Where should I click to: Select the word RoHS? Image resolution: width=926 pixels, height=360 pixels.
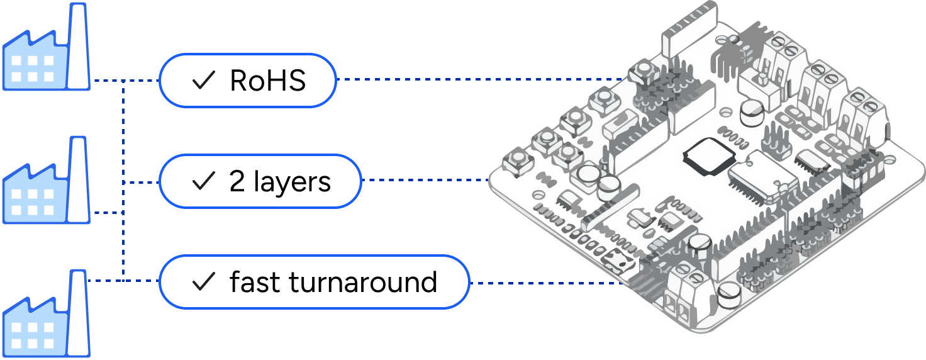coord(268,81)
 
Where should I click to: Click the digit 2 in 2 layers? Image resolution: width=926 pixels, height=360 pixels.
coord(237,182)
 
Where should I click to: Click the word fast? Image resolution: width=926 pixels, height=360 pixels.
coord(255,282)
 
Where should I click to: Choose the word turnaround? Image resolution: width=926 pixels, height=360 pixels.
coord(363,283)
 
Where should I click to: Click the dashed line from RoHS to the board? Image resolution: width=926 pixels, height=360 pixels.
coord(478,80)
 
